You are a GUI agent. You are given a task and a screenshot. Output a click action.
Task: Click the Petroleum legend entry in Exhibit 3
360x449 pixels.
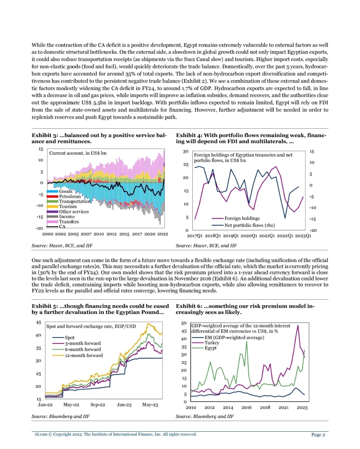click(70, 196)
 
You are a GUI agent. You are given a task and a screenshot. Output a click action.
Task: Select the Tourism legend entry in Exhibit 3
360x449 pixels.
click(68, 206)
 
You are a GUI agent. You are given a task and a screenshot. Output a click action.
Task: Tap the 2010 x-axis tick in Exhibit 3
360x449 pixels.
click(99, 234)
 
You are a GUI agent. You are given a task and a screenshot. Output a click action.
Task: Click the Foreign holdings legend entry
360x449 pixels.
click(242, 218)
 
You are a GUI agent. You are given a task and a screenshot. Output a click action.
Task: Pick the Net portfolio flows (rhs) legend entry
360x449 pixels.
click(249, 225)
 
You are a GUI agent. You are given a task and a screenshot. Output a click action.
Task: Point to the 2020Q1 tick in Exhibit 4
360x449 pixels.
click(248, 236)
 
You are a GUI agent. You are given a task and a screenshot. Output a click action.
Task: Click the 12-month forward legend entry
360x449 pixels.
click(84, 355)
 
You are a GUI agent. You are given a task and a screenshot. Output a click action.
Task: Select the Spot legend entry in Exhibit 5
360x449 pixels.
click(70, 337)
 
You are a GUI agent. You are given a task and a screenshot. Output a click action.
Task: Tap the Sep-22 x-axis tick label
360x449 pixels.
click(98, 405)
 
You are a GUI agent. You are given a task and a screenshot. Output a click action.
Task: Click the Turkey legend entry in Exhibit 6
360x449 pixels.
click(212, 343)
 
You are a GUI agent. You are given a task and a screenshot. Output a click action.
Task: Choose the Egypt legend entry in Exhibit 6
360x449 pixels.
click(210, 348)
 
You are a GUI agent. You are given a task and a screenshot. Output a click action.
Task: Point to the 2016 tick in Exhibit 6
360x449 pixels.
click(246, 407)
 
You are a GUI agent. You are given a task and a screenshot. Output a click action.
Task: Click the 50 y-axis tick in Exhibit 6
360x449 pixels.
click(184, 323)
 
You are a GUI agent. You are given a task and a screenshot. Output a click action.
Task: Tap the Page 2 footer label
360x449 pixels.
click(318, 434)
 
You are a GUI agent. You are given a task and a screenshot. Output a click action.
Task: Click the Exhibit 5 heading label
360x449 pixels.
click(45, 306)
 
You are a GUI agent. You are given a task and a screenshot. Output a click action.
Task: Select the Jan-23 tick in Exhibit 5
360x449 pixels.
click(124, 405)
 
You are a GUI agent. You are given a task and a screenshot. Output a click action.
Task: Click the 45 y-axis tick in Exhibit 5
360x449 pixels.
click(39, 323)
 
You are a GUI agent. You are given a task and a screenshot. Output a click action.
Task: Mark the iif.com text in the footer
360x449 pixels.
click(41, 434)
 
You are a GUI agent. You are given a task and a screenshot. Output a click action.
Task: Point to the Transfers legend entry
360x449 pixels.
click(69, 222)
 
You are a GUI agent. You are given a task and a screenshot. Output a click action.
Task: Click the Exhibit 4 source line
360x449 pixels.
click(206, 246)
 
